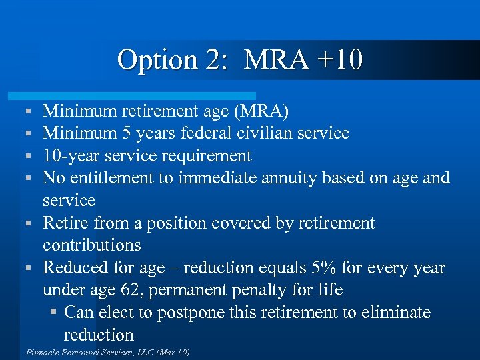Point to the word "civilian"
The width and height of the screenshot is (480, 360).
[x=267, y=133]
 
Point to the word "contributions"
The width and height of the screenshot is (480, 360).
[x=91, y=245]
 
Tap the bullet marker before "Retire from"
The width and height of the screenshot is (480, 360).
[x=29, y=223]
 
